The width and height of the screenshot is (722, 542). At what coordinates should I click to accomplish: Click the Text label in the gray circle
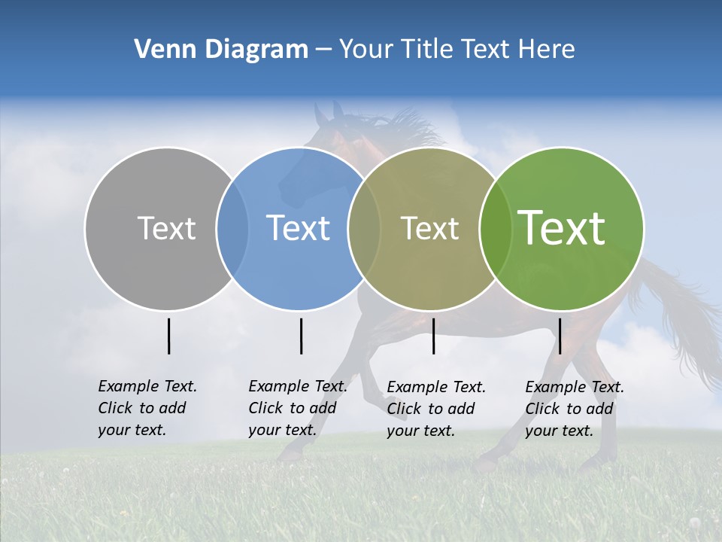[x=166, y=228]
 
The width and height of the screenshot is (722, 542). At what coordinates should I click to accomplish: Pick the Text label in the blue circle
[x=299, y=228]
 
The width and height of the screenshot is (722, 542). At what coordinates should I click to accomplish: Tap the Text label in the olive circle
[x=429, y=228]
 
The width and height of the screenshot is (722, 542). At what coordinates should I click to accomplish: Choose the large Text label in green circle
[x=562, y=228]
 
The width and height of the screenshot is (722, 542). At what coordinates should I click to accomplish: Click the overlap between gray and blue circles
[x=232, y=228]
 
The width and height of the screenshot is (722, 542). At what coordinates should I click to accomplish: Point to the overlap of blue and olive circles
[x=364, y=228]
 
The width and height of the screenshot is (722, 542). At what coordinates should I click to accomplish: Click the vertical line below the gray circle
[x=168, y=336]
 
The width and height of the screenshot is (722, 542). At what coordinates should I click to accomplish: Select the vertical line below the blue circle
[x=301, y=336]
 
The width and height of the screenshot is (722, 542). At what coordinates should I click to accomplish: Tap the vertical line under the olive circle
[x=433, y=336]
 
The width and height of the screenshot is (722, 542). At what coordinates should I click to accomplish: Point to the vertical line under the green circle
[x=560, y=336]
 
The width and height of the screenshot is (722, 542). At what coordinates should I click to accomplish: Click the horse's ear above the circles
[x=323, y=113]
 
